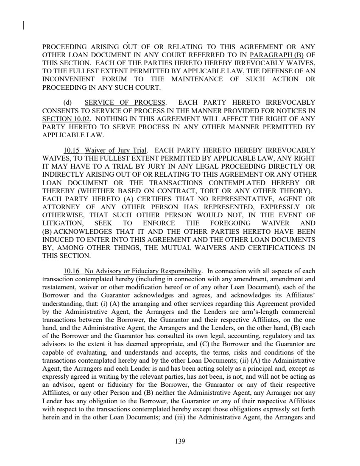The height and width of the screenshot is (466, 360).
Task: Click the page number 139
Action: (x=180, y=441)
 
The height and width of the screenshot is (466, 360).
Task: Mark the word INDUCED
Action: (x=58, y=240)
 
